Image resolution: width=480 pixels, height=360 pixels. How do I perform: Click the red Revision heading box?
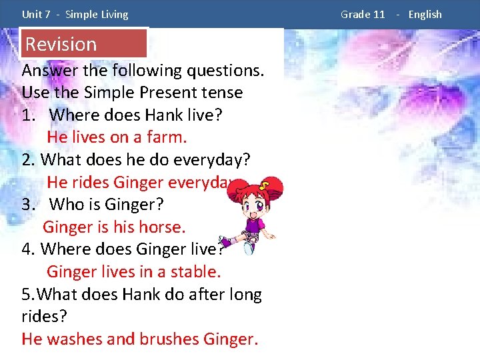point(83,44)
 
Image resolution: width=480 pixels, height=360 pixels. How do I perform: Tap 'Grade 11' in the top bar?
point(363,14)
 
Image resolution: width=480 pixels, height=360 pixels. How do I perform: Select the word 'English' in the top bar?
point(425,14)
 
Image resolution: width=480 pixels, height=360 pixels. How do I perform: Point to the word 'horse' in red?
point(160,227)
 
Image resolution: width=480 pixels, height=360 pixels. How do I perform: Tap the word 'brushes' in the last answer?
point(169,339)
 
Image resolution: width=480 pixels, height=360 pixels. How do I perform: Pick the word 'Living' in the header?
point(113,14)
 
